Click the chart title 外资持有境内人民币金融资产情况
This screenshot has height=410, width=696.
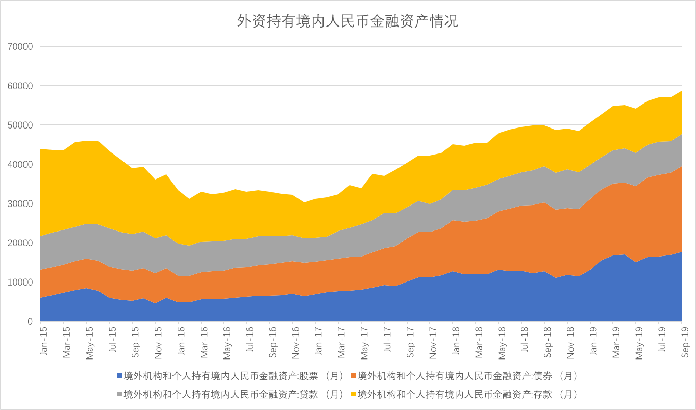pyautogui.click(x=347, y=21)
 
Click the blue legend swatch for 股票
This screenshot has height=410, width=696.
pyautogui.click(x=120, y=376)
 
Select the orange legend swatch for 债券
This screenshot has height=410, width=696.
pyautogui.click(x=353, y=376)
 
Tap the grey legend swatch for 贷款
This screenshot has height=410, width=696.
pyautogui.click(x=120, y=394)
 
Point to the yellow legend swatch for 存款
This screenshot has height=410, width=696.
pyautogui.click(x=353, y=394)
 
